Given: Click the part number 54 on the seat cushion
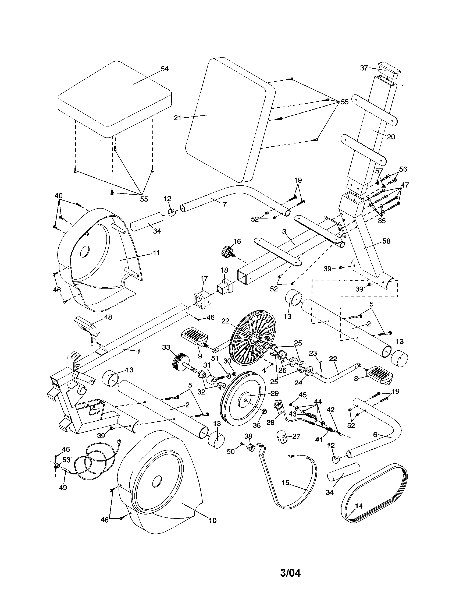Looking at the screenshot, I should coord(164,69).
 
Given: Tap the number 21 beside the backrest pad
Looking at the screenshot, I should coord(177,118).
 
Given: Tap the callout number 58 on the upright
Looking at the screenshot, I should coord(386,241).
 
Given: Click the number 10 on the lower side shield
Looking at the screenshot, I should coord(213,520).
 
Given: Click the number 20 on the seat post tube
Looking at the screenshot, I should coord(391,137).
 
